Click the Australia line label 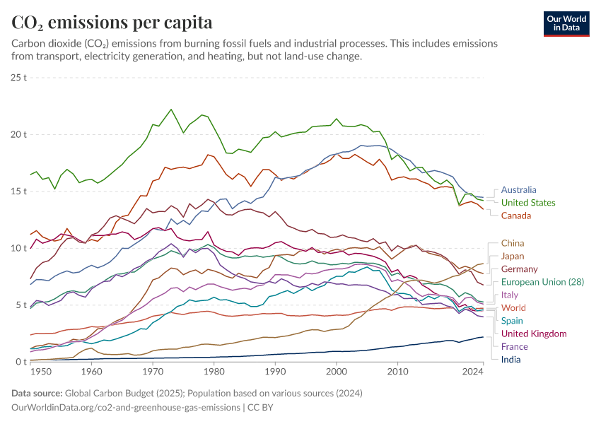[x=518, y=190]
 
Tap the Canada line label [x=516, y=216]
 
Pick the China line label [x=513, y=243]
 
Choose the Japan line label [x=513, y=256]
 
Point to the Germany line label [x=519, y=269]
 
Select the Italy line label [x=510, y=295]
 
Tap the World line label [x=513, y=308]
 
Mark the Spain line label [x=513, y=321]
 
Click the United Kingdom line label [x=534, y=334]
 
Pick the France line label [x=515, y=347]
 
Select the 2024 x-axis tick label [x=472, y=371]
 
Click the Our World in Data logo [x=566, y=23]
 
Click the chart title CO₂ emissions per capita [x=112, y=23]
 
